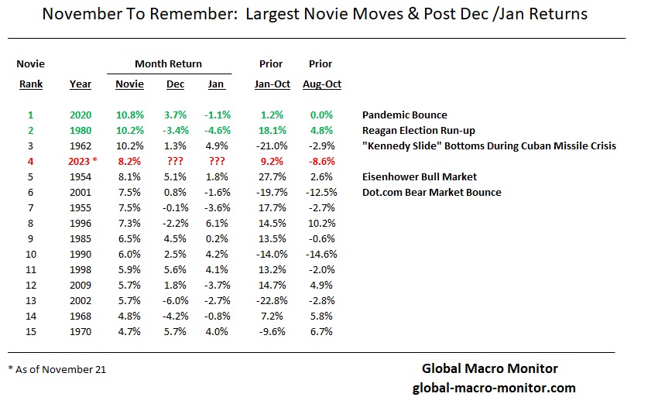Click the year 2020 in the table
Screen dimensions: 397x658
[x=80, y=115]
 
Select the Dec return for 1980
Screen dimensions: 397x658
[x=175, y=130]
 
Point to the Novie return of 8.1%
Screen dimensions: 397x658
[x=129, y=176]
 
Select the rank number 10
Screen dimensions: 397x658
[x=31, y=254]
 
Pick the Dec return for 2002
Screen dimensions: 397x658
[x=175, y=300]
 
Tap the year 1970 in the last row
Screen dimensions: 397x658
[x=80, y=331]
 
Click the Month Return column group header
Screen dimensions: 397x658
[x=168, y=63]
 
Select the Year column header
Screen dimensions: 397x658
[x=80, y=84]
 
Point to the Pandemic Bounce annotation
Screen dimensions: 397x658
[x=405, y=115]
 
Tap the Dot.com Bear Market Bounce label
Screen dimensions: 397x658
[x=432, y=192]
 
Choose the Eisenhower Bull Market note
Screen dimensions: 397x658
[x=419, y=176]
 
